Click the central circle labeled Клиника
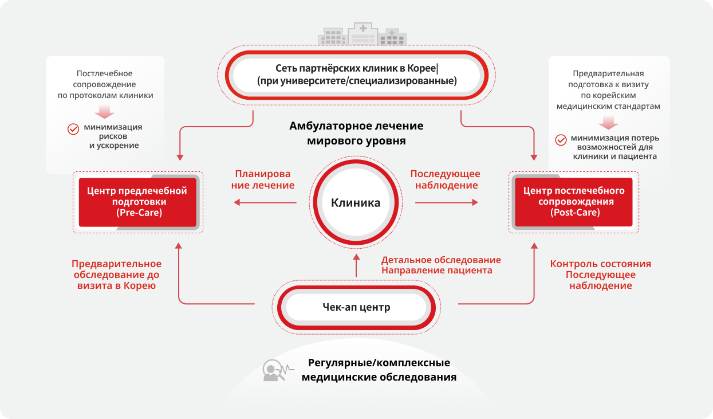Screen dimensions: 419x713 point(356,202)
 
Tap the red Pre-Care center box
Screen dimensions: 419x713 point(137,202)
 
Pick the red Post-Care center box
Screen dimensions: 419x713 point(574,202)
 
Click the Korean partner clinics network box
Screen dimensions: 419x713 point(356,75)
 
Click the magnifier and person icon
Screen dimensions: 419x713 point(274,371)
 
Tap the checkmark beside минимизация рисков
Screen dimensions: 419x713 point(73,129)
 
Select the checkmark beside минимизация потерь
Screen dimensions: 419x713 point(561,139)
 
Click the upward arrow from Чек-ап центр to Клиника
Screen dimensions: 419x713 point(356,266)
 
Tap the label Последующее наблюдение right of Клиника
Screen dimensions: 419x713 point(445,179)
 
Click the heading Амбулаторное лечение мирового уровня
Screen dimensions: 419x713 point(356,133)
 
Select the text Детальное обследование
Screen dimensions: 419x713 point(441,260)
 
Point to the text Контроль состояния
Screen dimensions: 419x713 point(600,264)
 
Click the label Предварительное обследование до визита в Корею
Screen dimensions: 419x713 point(117,275)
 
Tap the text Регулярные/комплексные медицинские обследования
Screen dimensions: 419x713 point(379,370)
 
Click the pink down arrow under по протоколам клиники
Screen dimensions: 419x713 point(106,110)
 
